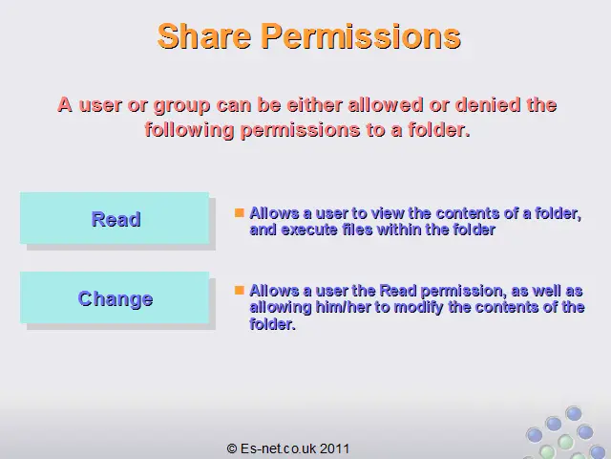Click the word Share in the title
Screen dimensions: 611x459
tap(203, 36)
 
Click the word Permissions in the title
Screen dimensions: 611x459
tap(361, 37)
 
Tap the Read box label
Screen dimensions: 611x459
tap(116, 219)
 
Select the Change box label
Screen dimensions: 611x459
tap(116, 299)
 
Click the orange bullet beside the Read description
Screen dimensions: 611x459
tap(240, 212)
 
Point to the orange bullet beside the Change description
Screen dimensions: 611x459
tap(240, 290)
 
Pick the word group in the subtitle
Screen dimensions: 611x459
tap(182, 106)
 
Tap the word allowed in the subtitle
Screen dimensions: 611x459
tap(386, 105)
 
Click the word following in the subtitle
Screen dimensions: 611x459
tap(189, 131)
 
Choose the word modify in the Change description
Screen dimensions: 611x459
tap(419, 308)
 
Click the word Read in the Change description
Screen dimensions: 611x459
tap(398, 291)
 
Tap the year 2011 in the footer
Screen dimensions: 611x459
tap(335, 448)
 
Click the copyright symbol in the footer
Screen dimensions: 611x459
tap(232, 448)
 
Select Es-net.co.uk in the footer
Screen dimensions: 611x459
tap(279, 448)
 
